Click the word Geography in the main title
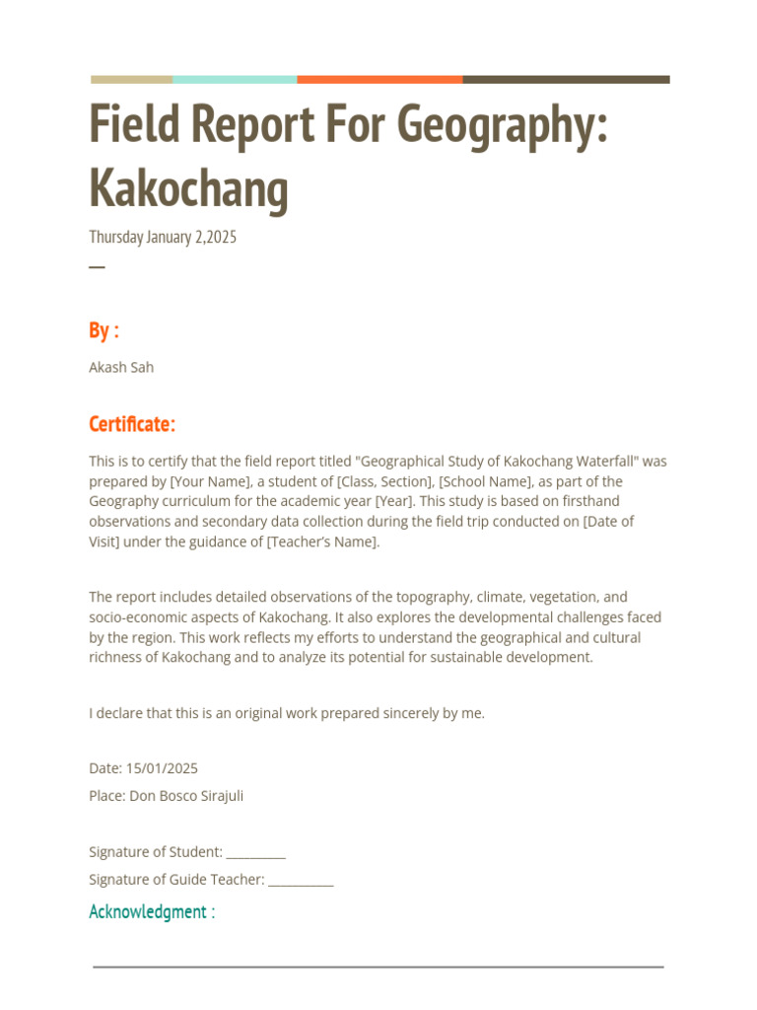[x=502, y=125]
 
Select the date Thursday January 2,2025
[x=163, y=238]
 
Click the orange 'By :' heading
[x=103, y=330]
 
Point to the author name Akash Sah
[x=121, y=368]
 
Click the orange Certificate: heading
[x=132, y=425]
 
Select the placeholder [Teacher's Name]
[x=322, y=542]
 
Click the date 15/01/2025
[x=162, y=768]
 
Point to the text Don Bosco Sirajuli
[x=186, y=796]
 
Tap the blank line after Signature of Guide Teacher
[x=301, y=881]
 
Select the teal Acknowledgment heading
[x=152, y=911]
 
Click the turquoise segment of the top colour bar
[x=235, y=79]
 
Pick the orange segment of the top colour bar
[x=379, y=79]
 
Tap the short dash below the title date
[x=96, y=266]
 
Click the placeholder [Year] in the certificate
[x=393, y=502]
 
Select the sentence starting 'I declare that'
[x=287, y=713]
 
